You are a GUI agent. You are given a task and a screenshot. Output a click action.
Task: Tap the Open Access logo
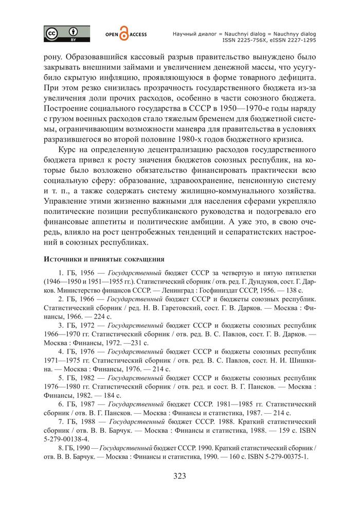126,34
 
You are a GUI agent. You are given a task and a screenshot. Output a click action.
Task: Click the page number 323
179,475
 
